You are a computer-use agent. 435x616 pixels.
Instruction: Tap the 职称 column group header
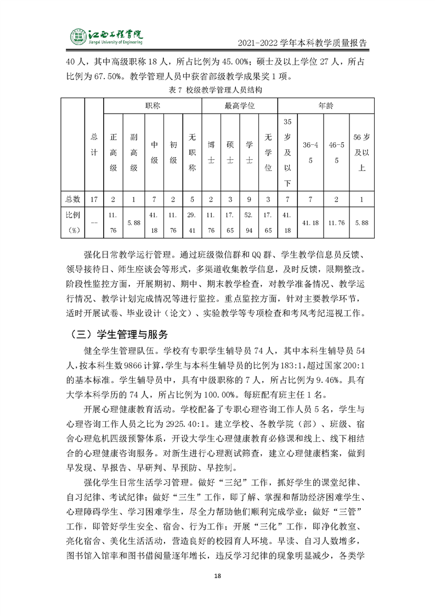coord(152,105)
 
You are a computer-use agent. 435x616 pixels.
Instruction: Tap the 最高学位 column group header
coord(240,105)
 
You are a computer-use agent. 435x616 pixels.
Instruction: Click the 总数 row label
coord(73,199)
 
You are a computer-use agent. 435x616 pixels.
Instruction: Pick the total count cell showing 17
coord(94,199)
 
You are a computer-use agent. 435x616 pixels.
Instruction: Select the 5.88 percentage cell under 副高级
coord(133,223)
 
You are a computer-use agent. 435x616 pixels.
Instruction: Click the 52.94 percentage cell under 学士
coord(249,223)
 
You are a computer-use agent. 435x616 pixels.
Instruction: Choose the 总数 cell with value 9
coord(249,199)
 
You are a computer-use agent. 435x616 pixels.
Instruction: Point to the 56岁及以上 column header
coord(361,152)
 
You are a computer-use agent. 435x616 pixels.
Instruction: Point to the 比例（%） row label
coord(73,223)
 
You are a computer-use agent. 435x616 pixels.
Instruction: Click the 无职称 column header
coord(192,152)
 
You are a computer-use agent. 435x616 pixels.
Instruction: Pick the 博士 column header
coord(211,152)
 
